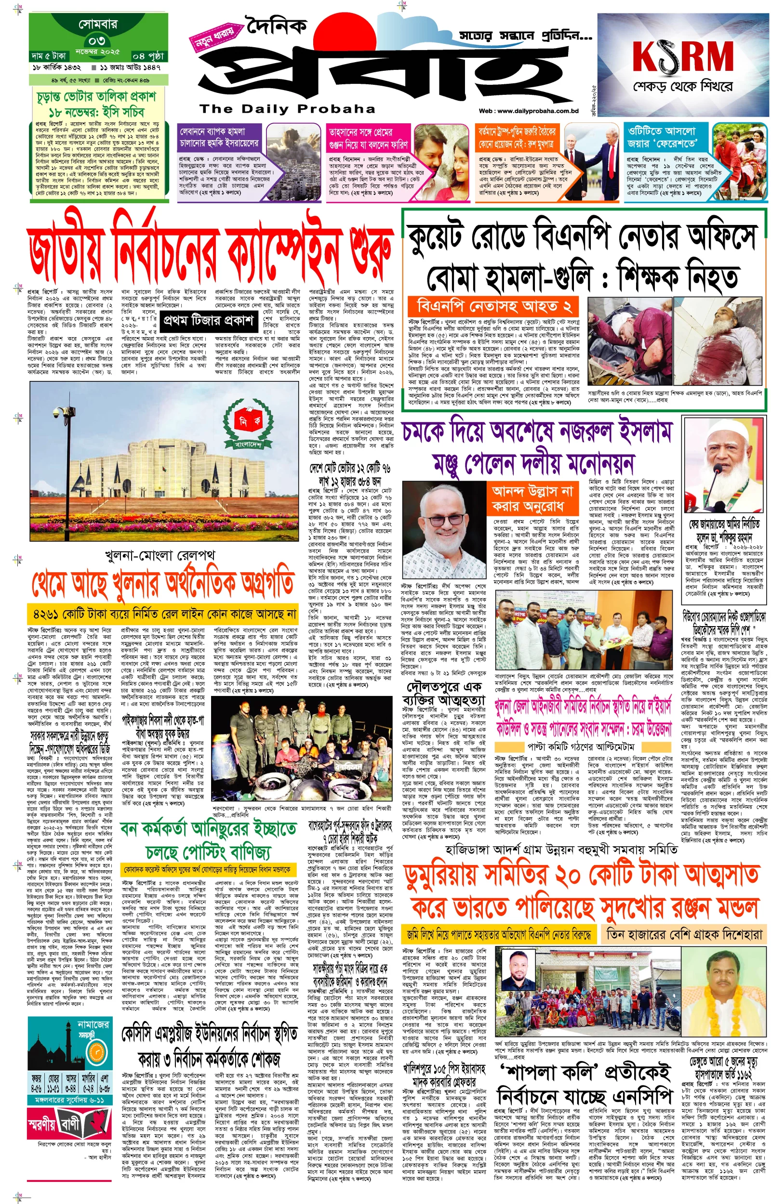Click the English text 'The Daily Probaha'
click(x=287, y=109)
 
